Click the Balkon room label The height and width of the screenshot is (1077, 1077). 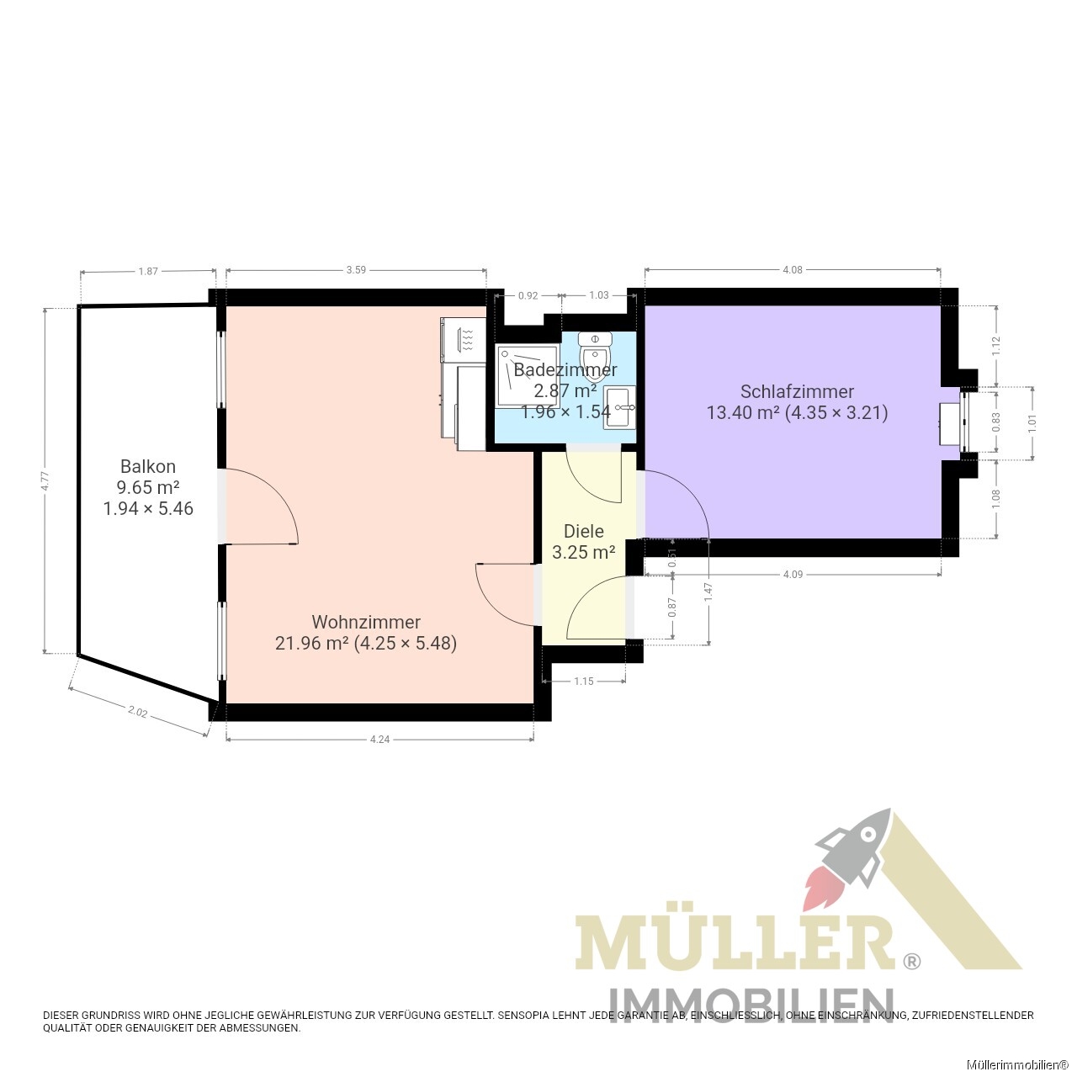pos(148,466)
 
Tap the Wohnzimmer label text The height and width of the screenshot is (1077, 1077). pos(366,622)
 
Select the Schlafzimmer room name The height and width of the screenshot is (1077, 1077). pos(797,391)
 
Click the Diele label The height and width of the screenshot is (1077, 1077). pos(583,531)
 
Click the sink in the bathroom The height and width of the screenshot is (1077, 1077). pos(619,407)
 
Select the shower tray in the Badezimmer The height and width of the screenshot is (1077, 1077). pos(528,375)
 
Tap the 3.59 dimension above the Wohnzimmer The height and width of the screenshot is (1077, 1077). pos(356,270)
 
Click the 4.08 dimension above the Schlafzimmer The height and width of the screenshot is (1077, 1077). pos(793,270)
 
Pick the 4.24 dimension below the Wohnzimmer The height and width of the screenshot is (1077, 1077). pos(379,740)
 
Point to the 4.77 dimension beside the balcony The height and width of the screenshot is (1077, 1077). pos(45,480)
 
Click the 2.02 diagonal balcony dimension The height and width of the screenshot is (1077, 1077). pos(137,712)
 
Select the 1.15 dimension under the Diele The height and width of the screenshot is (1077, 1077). pos(583,681)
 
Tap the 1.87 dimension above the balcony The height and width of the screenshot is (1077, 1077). pos(148,271)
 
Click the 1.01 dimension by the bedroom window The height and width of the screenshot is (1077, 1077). pos(1032,422)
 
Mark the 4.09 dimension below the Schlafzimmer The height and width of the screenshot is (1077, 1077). pos(793,574)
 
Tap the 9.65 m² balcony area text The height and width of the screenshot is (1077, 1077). pos(148,487)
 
